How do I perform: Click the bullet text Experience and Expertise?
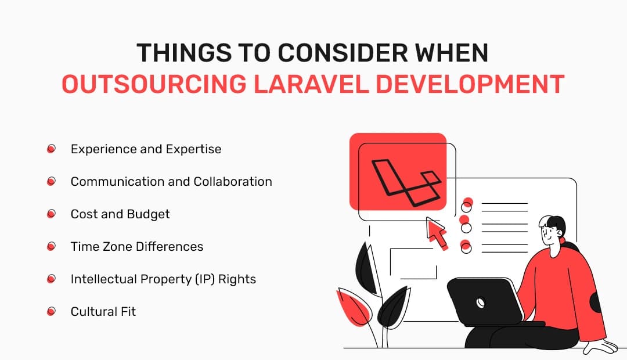[x=146, y=149]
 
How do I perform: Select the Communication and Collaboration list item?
[x=171, y=182]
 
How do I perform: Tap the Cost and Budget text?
[x=120, y=214]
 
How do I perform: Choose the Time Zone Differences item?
[x=137, y=247]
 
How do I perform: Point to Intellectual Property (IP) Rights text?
[x=163, y=279]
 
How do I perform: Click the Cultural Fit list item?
[x=103, y=312]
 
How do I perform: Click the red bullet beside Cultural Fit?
[x=51, y=312]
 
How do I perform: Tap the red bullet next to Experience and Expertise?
[x=51, y=149]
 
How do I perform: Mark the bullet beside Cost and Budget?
[x=51, y=214]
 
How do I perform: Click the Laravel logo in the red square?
[x=402, y=181]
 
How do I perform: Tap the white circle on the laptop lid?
[x=481, y=303]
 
